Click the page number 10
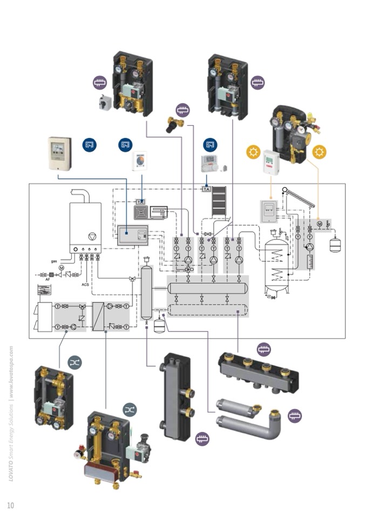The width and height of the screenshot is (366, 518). click(x=10, y=505)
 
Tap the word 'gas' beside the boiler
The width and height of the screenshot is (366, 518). click(x=54, y=261)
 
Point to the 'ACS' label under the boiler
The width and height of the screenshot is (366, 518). click(x=85, y=284)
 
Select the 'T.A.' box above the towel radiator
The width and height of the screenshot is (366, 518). click(x=206, y=189)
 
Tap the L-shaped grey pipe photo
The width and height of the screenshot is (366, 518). click(x=251, y=416)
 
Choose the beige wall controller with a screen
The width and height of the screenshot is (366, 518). click(x=59, y=152)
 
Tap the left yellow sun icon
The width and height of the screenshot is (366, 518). click(x=253, y=152)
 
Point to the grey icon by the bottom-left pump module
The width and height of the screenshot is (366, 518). click(x=75, y=364)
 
